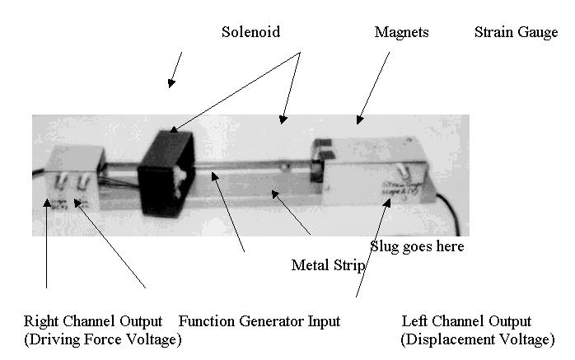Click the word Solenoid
point(250,33)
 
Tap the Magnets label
point(401,33)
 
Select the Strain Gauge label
point(516,33)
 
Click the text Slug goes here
point(417,246)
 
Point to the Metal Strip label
point(329,265)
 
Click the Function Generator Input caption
point(259,321)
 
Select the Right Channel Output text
point(92,321)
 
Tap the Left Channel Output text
point(466,321)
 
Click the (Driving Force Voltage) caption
point(103,339)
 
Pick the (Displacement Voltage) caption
point(477,339)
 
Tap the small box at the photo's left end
point(72,181)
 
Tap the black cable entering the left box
point(39,173)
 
